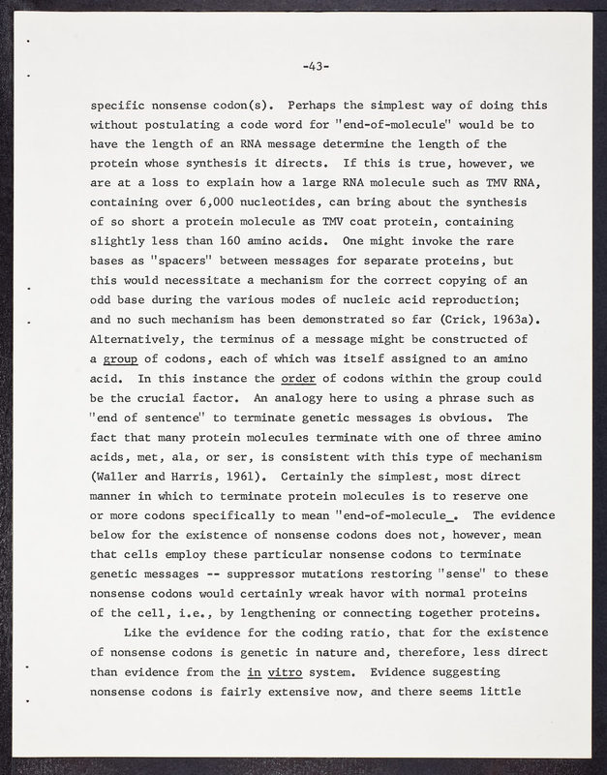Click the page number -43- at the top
(x=316, y=67)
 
